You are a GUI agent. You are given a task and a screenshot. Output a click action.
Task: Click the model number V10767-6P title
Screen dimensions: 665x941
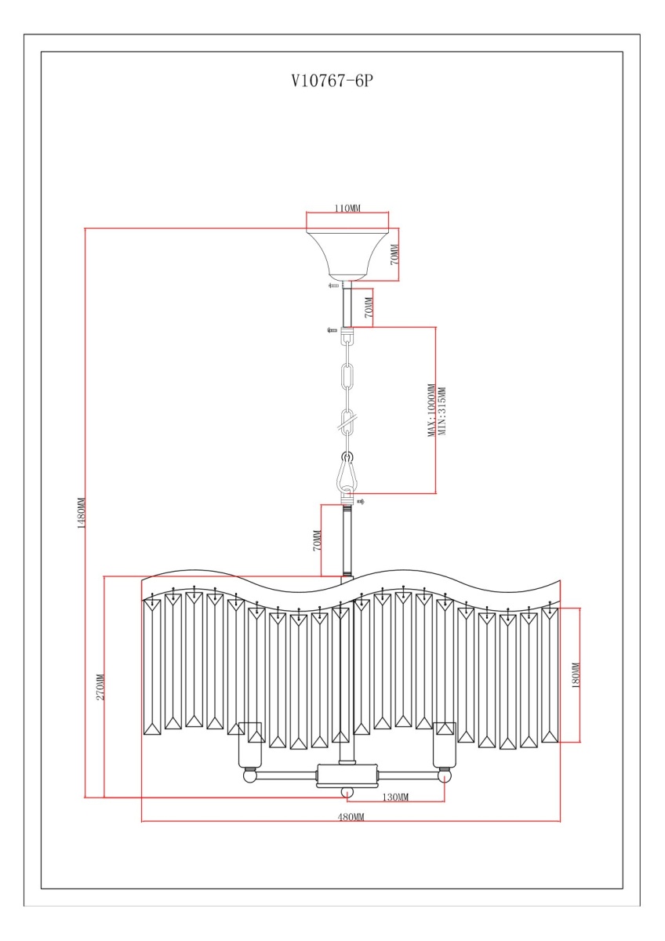coord(332,81)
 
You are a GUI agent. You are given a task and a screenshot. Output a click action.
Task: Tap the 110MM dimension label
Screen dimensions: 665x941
coord(347,208)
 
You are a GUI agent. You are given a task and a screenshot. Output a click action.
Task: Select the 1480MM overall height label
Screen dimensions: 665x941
coord(82,513)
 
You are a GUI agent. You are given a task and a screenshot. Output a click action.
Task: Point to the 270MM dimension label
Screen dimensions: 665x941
coord(100,687)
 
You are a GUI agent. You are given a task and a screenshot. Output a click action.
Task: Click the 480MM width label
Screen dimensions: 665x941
coord(351,816)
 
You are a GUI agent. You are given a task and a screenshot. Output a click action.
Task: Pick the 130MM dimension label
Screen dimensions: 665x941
coord(395,797)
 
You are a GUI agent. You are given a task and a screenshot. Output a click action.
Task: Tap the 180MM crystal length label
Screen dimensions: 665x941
coord(576,675)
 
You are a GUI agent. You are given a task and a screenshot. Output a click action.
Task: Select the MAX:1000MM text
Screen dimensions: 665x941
coord(431,410)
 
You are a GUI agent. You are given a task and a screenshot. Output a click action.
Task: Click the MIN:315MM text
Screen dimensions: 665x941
coord(442,411)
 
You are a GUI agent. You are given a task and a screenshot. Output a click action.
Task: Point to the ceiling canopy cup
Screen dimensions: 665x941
coord(347,255)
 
